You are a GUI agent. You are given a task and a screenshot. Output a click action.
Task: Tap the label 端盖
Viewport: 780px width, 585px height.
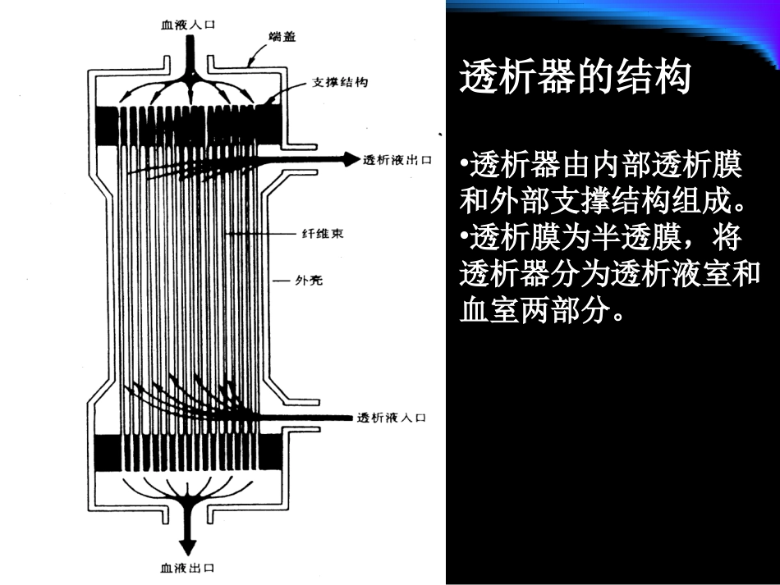(282, 37)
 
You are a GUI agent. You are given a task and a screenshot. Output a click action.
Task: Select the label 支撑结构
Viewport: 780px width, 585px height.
(339, 83)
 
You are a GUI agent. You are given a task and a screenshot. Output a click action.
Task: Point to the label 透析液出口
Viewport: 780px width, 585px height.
(397, 160)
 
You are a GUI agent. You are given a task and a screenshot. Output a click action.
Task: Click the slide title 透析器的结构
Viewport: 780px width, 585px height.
(575, 79)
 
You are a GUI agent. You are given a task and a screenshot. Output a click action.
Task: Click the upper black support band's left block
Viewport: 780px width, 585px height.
(108, 126)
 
